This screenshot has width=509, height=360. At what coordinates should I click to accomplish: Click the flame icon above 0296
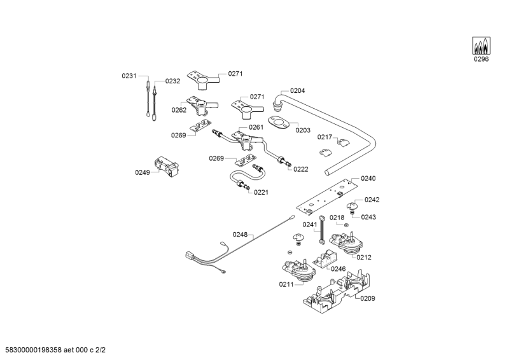click(481, 46)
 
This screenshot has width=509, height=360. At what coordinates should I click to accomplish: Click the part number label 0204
click(297, 91)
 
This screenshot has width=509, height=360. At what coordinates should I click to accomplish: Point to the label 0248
click(239, 235)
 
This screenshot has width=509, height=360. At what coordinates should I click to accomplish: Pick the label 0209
click(368, 298)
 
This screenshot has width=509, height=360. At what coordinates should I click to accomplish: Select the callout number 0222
click(300, 169)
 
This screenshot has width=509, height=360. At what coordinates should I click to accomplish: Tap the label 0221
click(261, 192)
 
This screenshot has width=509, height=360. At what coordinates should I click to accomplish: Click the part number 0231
click(129, 76)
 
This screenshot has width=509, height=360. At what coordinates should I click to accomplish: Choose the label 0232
click(172, 81)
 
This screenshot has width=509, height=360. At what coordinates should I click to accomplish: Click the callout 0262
click(179, 109)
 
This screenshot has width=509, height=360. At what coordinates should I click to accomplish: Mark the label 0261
click(256, 127)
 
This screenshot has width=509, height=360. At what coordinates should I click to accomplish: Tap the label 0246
click(338, 269)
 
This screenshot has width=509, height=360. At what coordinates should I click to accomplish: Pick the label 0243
click(368, 217)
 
